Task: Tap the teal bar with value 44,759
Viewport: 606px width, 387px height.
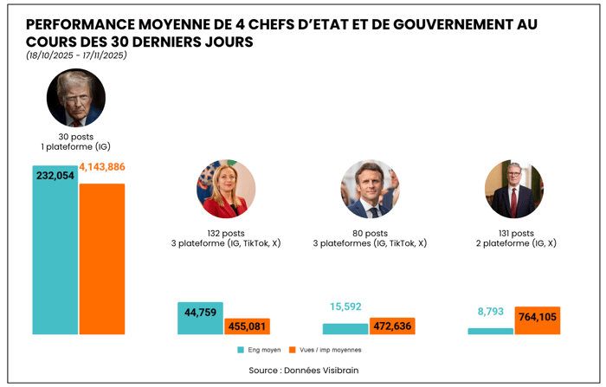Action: coord(200,318)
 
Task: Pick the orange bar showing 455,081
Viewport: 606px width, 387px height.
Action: coord(248,326)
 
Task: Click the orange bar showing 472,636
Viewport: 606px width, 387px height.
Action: coord(392,326)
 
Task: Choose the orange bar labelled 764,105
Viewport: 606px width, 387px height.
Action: coord(537,320)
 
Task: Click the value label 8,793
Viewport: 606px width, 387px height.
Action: coord(490,312)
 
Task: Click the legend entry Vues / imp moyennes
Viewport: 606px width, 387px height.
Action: coord(325,350)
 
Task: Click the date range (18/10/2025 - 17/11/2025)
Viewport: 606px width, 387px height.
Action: coord(76,55)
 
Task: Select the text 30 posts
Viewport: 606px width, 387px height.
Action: coord(76,137)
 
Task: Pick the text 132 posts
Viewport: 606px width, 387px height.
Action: coord(225,234)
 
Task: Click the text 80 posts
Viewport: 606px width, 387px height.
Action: coord(370,234)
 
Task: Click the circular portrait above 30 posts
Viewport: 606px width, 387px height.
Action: coord(76,98)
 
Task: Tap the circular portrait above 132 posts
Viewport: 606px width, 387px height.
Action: coord(226,189)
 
